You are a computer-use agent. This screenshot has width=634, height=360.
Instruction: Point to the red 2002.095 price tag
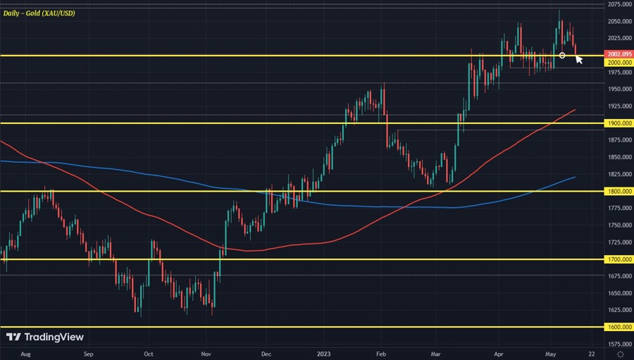(x=619, y=54)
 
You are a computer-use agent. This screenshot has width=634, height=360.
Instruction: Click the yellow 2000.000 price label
(x=619, y=62)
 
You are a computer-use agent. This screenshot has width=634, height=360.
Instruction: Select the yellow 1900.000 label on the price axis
(x=619, y=123)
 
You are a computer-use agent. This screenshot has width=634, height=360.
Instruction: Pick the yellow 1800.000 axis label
(x=619, y=191)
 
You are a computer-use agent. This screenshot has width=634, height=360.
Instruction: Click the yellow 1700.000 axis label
(x=619, y=259)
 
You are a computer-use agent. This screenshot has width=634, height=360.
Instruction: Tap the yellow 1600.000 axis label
(x=619, y=328)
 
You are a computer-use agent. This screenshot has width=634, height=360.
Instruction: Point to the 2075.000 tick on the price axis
(x=618, y=4)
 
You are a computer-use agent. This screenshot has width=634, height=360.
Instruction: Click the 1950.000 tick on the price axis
(x=618, y=89)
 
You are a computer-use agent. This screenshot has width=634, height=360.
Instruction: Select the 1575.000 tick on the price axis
(x=618, y=345)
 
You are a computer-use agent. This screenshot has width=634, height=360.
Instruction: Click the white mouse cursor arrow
(x=578, y=59)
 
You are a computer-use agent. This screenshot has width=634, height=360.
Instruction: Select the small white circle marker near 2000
(x=562, y=55)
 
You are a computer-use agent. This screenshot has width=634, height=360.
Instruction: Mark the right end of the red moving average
(x=576, y=110)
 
